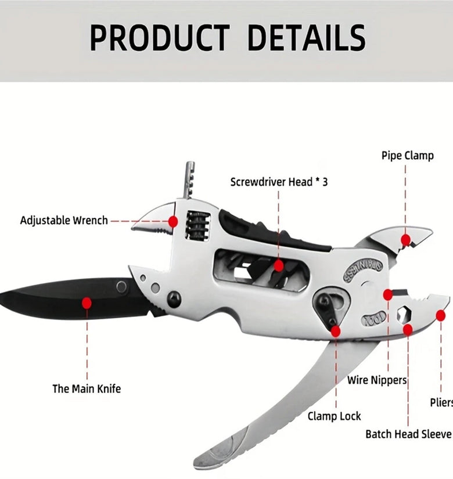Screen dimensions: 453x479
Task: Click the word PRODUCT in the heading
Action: click(160, 38)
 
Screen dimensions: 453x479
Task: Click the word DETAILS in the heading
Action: click(307, 38)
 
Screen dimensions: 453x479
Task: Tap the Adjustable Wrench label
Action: click(64, 220)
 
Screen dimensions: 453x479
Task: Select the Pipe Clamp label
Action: click(408, 156)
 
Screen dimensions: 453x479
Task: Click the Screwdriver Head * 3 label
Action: click(279, 182)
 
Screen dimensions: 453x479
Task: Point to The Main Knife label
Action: click(87, 389)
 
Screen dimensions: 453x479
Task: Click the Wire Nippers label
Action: click(377, 380)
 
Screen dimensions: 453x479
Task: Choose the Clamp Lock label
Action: click(334, 416)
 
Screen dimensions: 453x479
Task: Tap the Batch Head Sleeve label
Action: click(408, 434)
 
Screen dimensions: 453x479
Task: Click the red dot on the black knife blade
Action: click(87, 303)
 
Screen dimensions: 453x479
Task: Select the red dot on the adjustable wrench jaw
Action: click(173, 221)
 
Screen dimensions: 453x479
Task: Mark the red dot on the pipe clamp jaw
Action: click(405, 240)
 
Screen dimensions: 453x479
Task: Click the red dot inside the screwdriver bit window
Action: click(278, 266)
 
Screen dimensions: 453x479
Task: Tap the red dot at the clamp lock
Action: click(336, 331)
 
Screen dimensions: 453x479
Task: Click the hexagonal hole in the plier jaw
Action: click(403, 314)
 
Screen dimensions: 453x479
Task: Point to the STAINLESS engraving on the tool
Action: click(362, 270)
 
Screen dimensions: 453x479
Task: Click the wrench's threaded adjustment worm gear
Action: click(198, 225)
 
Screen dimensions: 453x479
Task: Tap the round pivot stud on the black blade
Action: click(121, 287)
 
